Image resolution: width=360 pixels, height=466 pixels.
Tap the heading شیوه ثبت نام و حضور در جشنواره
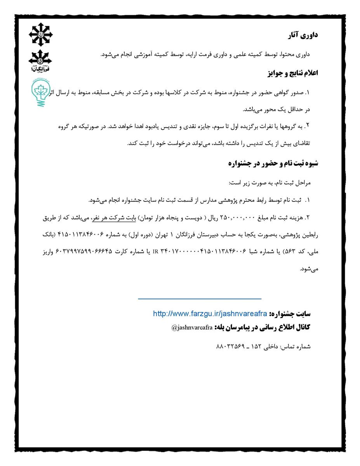(x=273, y=163)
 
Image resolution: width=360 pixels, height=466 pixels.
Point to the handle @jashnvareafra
(x=192, y=328)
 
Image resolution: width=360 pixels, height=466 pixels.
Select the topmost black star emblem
(x=41, y=34)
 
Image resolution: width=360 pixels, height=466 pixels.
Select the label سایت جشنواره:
(x=294, y=313)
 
